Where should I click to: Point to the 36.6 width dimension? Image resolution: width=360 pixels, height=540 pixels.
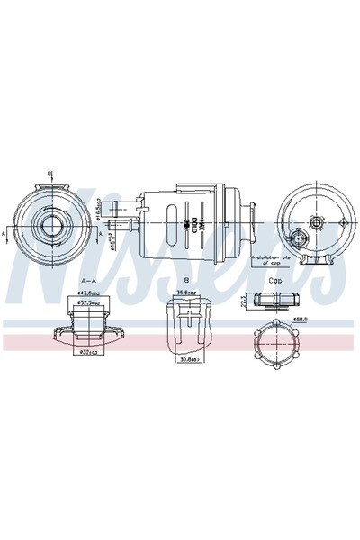point(186,292)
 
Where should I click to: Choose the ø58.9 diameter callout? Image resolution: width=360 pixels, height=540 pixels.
point(301,317)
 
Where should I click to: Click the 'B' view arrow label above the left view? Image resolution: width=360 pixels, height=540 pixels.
point(50,173)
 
